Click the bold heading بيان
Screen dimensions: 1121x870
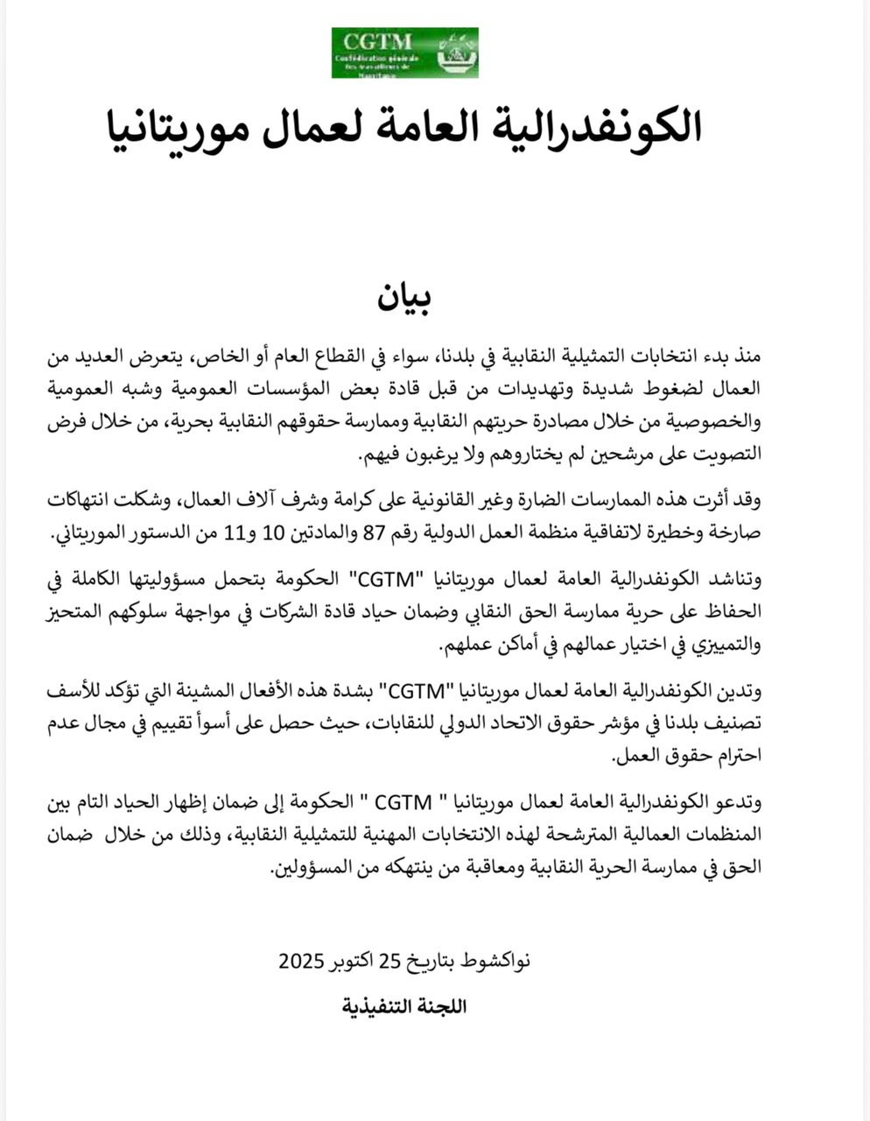click(x=403, y=298)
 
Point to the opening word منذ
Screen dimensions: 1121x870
click(x=747, y=356)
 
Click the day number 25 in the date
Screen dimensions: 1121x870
click(x=389, y=961)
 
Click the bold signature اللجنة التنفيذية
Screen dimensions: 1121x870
click(x=404, y=1005)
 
